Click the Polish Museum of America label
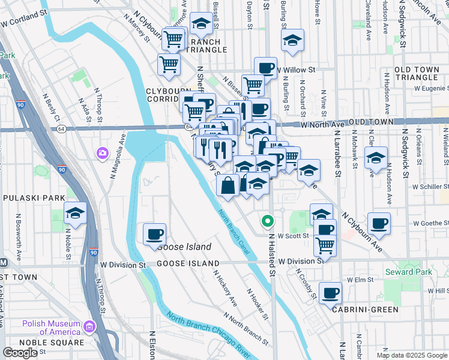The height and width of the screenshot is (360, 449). (x=52, y=328)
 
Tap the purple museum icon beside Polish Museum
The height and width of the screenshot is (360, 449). (x=90, y=327)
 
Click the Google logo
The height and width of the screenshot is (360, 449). (x=20, y=353)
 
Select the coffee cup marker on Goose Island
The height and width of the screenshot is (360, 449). (x=155, y=233)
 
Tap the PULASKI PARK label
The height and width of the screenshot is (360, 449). (x=29, y=197)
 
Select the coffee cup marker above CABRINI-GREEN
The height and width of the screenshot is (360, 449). (x=331, y=293)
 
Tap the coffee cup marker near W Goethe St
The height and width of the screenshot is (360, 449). (x=379, y=223)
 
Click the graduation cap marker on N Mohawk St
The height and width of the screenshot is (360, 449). (x=376, y=157)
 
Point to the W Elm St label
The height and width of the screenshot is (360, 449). (x=357, y=280)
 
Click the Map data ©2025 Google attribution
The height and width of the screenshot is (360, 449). (x=412, y=355)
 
